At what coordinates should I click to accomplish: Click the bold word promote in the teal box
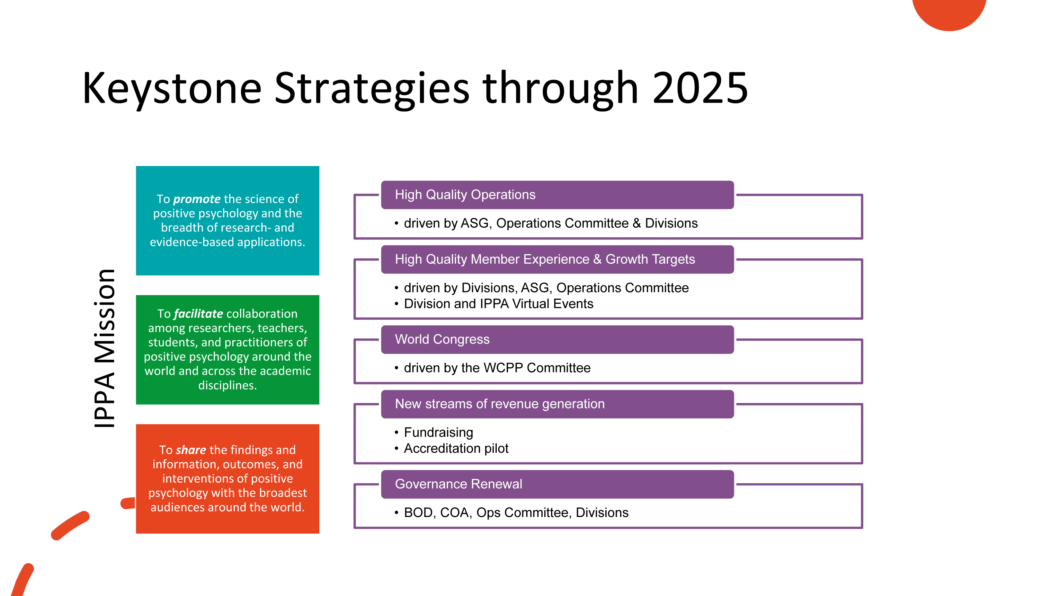click(197, 199)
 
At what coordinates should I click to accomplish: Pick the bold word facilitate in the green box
click(198, 314)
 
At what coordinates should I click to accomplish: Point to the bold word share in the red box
click(191, 450)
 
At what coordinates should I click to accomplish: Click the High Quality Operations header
click(465, 195)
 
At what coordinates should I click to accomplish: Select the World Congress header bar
click(557, 339)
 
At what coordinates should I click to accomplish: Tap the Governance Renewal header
click(459, 484)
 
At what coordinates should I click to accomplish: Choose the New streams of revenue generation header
click(500, 404)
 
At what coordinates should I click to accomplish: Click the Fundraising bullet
click(438, 432)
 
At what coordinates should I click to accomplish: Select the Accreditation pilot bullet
click(456, 448)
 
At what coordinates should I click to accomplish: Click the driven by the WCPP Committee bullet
click(497, 368)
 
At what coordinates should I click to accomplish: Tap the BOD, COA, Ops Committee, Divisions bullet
click(516, 513)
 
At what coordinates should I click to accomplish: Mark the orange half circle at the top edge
click(949, 12)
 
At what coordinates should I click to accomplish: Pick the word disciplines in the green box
click(227, 385)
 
